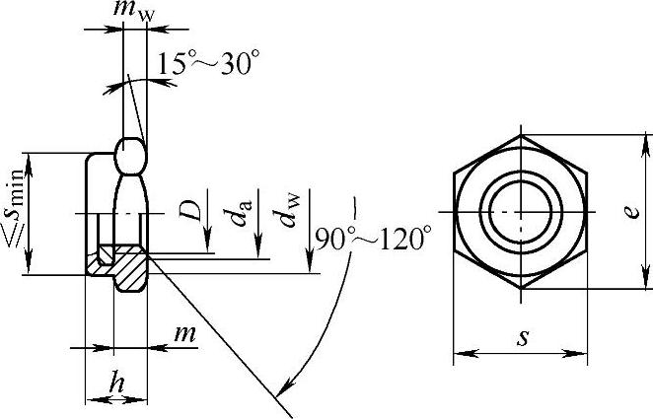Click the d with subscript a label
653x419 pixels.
click(242, 213)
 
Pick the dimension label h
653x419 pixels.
click(116, 383)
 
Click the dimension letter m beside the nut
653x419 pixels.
click(184, 333)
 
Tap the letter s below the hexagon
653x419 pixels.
click(522, 338)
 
